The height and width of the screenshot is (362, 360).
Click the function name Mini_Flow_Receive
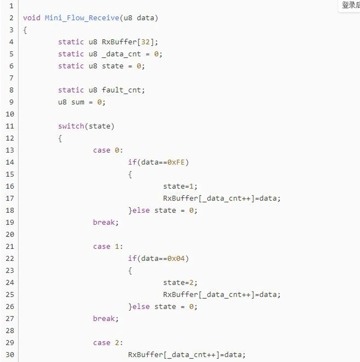pos(82,18)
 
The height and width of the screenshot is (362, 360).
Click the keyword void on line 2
pos(31,18)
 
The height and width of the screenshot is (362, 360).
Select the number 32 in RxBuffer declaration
pos(145,42)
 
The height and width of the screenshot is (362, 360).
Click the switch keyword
pos(71,126)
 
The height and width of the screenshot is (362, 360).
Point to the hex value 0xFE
pos(176,162)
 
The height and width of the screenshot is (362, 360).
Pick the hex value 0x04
pos(176,258)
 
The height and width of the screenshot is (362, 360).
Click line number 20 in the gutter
pos(10,234)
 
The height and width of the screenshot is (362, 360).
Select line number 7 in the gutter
pos(11,78)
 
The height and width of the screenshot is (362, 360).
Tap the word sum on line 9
pos(78,102)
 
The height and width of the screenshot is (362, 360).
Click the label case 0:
pos(108,150)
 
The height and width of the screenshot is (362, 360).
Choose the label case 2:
pos(108,343)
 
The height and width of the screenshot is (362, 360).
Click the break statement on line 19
pos(106,222)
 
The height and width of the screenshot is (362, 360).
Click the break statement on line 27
pos(106,318)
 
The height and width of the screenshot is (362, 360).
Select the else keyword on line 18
pos(141,210)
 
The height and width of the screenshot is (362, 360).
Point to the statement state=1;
pos(180,186)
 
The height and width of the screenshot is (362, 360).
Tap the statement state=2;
pos(180,282)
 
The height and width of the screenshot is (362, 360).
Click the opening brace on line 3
pos(25,30)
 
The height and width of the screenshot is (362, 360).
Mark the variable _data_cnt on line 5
pos(121,54)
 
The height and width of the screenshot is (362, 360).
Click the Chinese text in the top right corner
pos(351,5)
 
